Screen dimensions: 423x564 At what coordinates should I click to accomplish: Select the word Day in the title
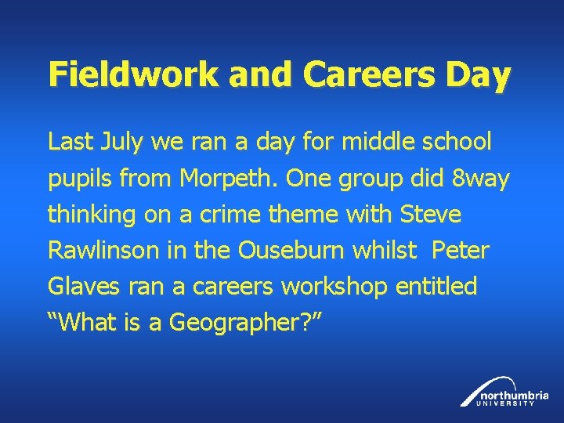[x=479, y=75]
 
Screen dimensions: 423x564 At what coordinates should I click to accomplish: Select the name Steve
[x=431, y=214]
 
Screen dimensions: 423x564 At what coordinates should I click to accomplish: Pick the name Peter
[x=461, y=251]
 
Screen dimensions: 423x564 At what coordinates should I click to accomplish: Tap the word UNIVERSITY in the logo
[x=509, y=403]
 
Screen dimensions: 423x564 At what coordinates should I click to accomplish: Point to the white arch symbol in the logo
[x=475, y=392]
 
